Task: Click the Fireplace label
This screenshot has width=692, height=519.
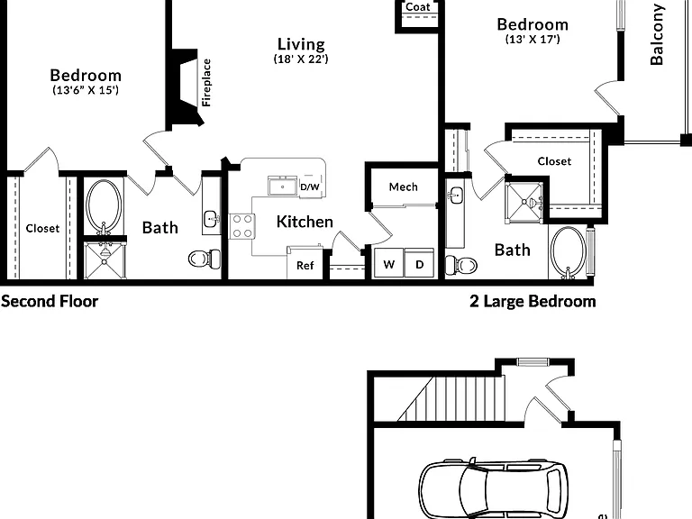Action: point(206,83)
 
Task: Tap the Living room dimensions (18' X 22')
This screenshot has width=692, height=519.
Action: point(301,59)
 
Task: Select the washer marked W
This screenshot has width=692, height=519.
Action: point(388,263)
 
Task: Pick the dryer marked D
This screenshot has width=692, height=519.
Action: point(419,263)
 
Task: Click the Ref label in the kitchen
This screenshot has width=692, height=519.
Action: point(305,265)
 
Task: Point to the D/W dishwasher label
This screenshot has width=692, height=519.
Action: point(310,187)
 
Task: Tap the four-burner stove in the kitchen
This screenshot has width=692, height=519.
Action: point(242,226)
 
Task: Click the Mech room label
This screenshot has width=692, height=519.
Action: point(404,187)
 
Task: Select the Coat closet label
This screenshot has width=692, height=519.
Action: point(417,6)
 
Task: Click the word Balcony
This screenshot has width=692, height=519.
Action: point(657,34)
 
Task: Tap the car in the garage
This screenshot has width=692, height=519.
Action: point(494,487)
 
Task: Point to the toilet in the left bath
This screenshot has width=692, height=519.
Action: point(205,259)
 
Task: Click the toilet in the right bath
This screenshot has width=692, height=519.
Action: point(460,265)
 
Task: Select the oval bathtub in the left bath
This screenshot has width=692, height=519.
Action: point(104,206)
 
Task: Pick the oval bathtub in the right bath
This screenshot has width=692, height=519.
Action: point(569,251)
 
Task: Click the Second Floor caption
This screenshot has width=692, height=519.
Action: point(50,301)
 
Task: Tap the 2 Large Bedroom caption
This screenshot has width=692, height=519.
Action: point(533,301)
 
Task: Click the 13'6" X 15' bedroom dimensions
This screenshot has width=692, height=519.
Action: point(86,90)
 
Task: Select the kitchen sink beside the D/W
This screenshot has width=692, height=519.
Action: point(282,186)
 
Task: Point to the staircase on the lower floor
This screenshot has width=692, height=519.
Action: point(451,398)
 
